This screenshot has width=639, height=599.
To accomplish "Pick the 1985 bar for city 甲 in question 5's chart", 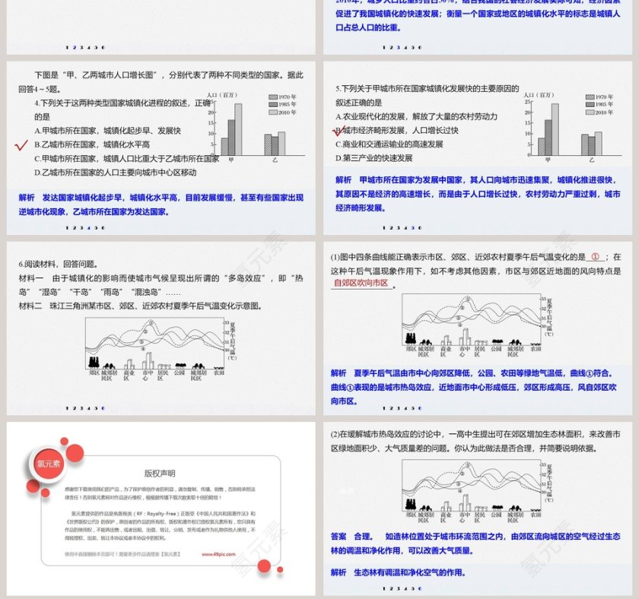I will coord(548,137).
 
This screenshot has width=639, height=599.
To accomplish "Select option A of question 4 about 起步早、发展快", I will coord(107,131).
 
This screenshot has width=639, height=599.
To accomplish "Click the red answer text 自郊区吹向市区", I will coord(361,283).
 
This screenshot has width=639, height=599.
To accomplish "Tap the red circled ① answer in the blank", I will coord(596,257).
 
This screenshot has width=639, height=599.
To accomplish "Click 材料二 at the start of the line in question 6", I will coord(31,306).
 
